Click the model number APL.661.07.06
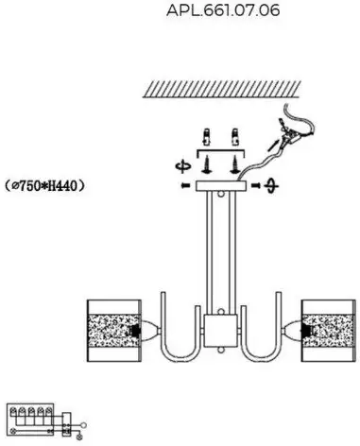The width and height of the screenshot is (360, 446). point(223,10)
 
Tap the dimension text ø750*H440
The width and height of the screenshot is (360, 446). point(45,185)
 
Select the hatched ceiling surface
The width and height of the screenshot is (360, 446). point(222,89)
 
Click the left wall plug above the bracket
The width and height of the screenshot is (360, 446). point(206,137)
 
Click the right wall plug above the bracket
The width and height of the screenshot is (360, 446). point(234,137)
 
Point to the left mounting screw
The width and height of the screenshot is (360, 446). point(207,164)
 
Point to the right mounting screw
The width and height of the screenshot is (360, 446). point(234,164)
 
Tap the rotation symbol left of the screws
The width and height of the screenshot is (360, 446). point(183,166)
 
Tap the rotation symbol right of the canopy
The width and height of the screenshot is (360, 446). point(271,185)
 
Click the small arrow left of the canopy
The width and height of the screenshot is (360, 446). point(185,186)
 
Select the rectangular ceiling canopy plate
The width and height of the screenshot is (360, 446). point(220,186)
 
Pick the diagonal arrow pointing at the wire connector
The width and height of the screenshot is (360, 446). point(273,145)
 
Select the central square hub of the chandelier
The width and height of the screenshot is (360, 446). point(220,331)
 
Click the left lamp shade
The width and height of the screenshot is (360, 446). point(114,331)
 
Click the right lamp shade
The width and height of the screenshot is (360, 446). point(329,331)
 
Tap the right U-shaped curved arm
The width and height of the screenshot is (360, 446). point(261,359)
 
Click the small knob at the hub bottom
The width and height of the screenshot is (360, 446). point(221,351)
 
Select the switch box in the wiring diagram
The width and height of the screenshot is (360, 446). point(66,424)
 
